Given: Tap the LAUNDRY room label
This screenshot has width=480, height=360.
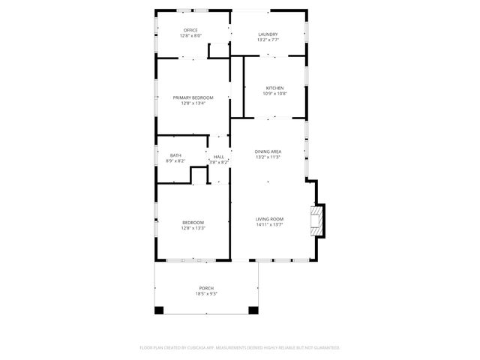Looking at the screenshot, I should point(268,34).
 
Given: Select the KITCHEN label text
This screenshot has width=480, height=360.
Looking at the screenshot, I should point(274,88).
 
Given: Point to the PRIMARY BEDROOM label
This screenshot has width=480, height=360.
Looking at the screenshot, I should point(193,97).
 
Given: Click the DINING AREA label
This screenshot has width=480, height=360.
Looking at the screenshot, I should point(268,151).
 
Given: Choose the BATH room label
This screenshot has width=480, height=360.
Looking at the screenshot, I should point(175,155).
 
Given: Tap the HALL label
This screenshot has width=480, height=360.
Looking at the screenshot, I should point(219,157).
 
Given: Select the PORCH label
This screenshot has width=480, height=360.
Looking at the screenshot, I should point(206,289).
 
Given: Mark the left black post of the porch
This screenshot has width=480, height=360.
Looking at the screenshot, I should point(159,310).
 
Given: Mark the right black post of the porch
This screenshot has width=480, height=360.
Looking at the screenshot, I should point(253,310).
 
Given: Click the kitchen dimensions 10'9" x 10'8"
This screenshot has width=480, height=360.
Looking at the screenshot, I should point(274,94).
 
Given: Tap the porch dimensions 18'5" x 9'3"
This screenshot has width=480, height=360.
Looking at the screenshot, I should point(206,294).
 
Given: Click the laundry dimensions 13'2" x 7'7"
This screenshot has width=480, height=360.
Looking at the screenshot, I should point(268,40).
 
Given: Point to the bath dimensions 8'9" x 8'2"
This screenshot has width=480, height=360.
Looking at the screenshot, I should point(175,160).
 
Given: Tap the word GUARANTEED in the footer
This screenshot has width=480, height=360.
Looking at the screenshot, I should point(325,348).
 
